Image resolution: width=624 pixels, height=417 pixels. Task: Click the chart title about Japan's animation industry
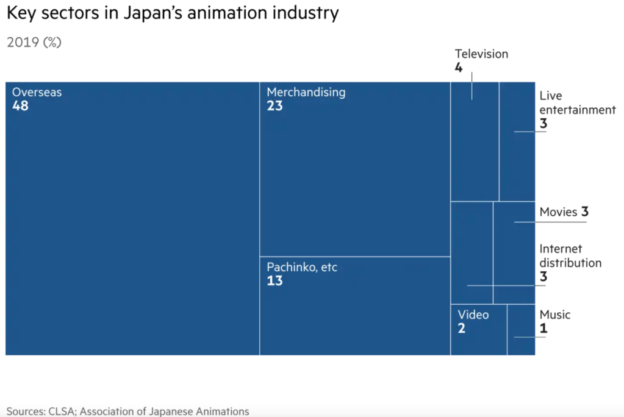click(172, 13)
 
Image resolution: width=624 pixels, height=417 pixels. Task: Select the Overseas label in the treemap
click(37, 93)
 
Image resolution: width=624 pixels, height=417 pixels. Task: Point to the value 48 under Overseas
click(20, 106)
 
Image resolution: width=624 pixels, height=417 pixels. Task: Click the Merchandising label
click(306, 93)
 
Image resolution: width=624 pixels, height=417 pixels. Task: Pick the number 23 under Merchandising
click(274, 106)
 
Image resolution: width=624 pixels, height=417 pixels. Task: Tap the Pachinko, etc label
click(301, 268)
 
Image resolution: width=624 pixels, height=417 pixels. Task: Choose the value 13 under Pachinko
click(274, 281)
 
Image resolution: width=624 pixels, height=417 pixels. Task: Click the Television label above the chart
click(481, 54)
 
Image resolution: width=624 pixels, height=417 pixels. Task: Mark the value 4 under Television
click(458, 68)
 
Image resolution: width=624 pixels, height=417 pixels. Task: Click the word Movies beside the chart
click(558, 212)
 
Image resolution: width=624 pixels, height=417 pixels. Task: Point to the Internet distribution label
click(570, 256)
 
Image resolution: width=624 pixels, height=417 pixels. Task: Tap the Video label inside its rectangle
click(473, 315)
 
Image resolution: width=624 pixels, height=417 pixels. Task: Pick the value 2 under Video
click(462, 329)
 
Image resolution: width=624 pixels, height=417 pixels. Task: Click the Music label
click(555, 315)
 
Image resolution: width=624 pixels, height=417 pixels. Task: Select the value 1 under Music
click(543, 329)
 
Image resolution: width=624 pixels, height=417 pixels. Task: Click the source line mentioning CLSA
click(127, 411)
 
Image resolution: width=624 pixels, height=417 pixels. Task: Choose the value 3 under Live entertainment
click(543, 124)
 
